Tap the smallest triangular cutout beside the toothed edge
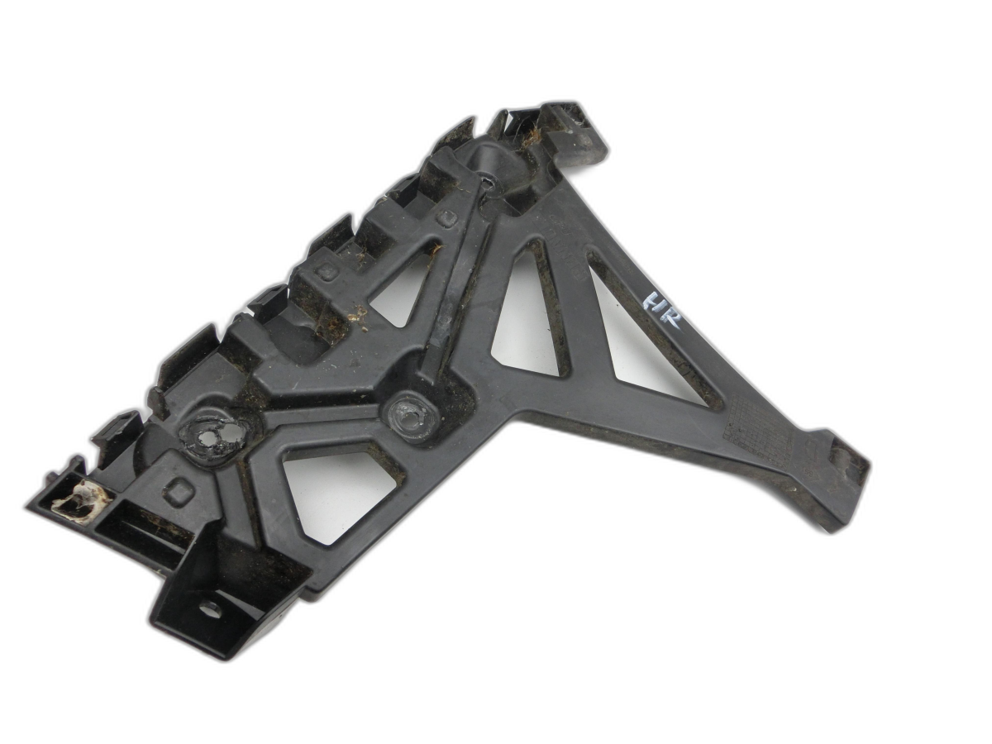(x=402, y=289)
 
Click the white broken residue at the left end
(x=80, y=500)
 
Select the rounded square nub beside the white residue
(x=179, y=492)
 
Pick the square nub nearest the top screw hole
(x=447, y=219)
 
